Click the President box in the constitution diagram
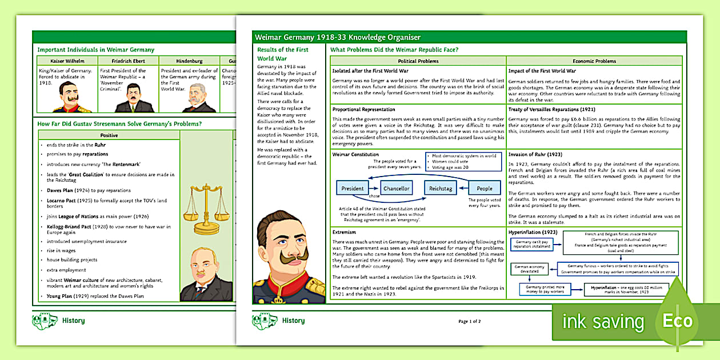[353, 189]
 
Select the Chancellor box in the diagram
[397, 189]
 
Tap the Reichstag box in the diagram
[441, 189]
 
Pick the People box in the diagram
[485, 189]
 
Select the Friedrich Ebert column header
[129, 60]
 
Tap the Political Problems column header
[418, 61]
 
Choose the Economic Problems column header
[594, 61]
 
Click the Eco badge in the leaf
[677, 321]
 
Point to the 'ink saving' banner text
[602, 321]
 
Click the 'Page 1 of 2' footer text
[469, 321]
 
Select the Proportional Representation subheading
[363, 109]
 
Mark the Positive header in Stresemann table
[109, 135]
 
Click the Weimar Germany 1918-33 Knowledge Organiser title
[338, 37]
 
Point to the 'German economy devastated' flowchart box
[529, 270]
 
